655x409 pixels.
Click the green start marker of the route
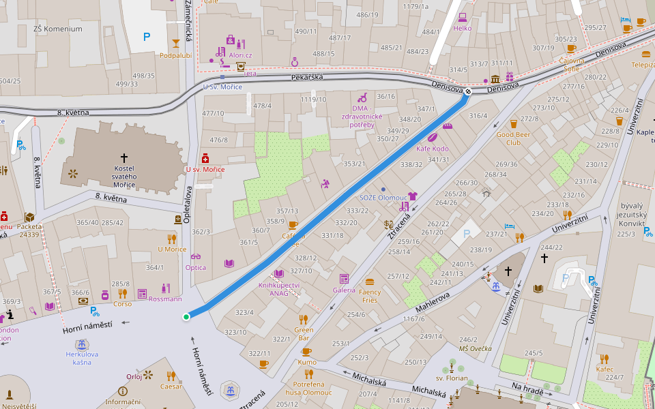point(186,316)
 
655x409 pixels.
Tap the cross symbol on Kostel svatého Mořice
point(123,157)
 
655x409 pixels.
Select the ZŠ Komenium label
point(57,29)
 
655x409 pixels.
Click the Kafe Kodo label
point(432,149)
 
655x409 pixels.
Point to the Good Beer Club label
point(513,139)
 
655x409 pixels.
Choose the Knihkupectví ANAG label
point(278,289)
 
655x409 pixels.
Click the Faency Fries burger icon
point(370,282)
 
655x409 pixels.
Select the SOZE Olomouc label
point(383,197)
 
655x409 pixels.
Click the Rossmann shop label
point(165,299)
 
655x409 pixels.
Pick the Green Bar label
point(304,333)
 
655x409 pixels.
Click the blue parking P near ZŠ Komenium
point(147,37)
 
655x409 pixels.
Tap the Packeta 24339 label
point(29,230)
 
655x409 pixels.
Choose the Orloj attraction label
point(134,376)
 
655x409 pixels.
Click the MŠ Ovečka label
point(475,348)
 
